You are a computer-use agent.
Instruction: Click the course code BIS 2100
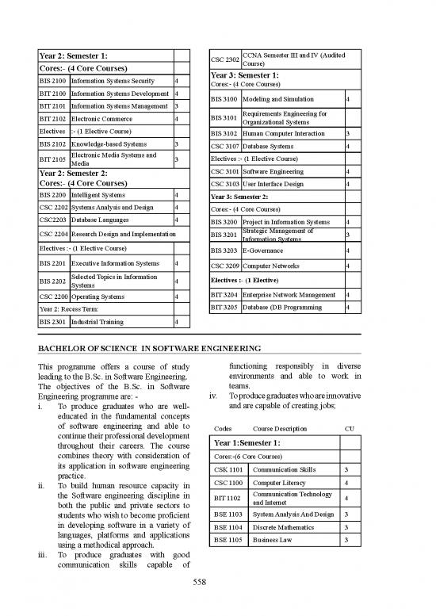[x=53, y=81]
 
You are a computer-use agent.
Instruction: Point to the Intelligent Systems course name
[x=98, y=194]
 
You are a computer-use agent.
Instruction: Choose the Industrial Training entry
[x=99, y=323]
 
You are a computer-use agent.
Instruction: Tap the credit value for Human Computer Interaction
[x=348, y=133]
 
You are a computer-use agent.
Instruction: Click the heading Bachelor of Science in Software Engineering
[x=151, y=348]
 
